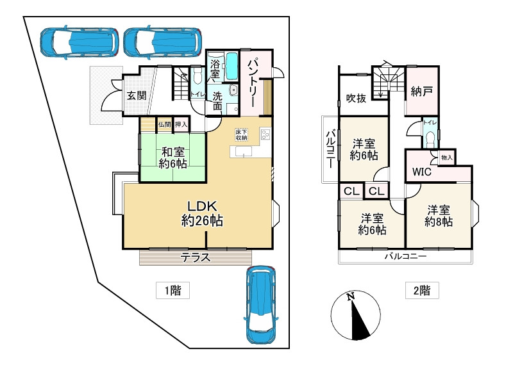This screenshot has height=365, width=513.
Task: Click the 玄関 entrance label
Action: coord(137,96)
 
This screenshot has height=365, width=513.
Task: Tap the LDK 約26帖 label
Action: coord(202,214)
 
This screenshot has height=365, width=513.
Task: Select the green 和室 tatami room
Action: coord(172,157)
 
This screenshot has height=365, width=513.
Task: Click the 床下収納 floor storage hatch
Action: coord(242,134)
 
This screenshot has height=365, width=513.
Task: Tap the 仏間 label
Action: coord(165,124)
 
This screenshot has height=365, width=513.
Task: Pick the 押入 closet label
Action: coord(181,124)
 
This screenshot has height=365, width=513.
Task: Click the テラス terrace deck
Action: coord(196,257)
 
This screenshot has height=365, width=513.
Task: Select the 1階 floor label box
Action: coord(172,290)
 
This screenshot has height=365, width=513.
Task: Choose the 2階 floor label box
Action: coord(422,290)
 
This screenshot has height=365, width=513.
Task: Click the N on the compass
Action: coord(351,296)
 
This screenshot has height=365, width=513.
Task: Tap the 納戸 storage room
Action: coord(422,91)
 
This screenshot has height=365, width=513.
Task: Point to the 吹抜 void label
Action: coord(357,98)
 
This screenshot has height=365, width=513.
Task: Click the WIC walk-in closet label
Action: coord(422,172)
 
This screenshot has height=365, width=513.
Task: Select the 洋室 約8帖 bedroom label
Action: coord(439,216)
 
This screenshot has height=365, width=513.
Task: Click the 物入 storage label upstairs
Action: coord(447,158)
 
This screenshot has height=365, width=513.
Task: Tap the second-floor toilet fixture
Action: coord(430,140)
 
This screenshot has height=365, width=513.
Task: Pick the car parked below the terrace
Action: coord(261,305)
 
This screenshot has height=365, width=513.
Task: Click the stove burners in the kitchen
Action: coord(265,134)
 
